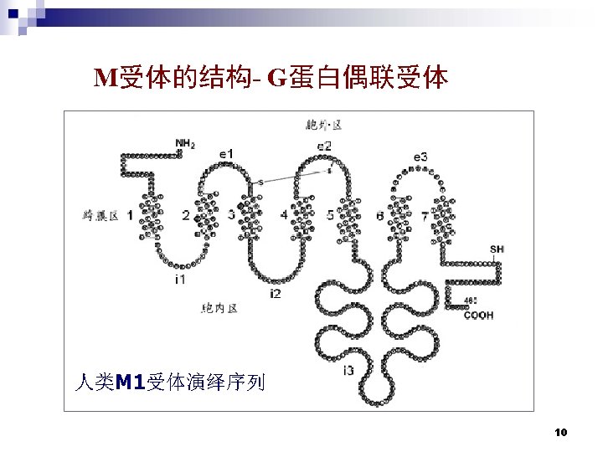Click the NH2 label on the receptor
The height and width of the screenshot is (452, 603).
click(186, 143)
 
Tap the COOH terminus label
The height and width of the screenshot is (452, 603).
click(478, 316)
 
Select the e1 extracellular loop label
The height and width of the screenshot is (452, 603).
click(227, 153)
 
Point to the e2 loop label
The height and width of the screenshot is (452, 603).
click(324, 146)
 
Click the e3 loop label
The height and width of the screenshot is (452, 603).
click(421, 157)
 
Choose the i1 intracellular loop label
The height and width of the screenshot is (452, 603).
click(180, 279)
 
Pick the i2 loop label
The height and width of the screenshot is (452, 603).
click(276, 293)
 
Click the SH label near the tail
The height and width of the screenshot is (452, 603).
click(497, 249)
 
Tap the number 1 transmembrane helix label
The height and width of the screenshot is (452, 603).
click(130, 215)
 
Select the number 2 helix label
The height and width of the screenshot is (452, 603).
click(185, 215)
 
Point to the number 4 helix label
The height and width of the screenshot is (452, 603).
click(284, 215)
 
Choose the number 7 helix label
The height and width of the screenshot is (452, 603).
click(425, 215)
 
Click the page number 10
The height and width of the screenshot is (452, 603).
click(561, 432)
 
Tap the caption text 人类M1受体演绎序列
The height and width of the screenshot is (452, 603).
click(169, 383)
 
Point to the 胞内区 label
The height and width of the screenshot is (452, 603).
click(219, 308)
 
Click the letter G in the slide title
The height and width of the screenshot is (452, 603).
click(277, 79)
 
